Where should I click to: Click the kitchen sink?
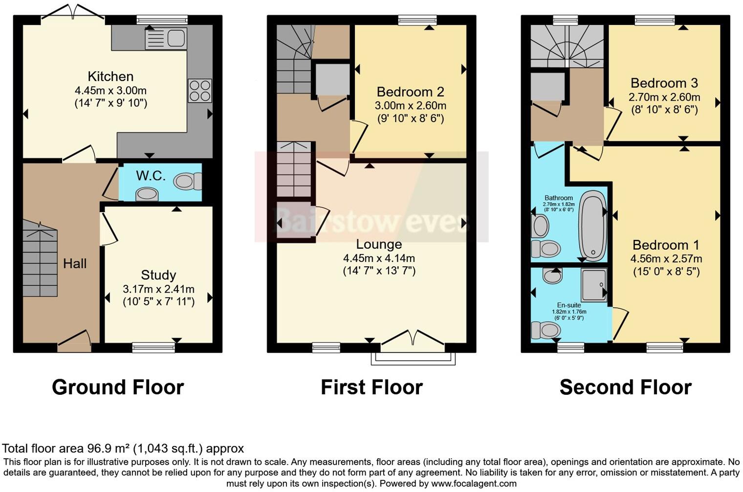click(166, 38)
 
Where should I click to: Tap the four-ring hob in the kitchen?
click(200, 90)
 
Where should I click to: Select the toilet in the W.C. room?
click(187, 181)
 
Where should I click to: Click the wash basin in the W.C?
click(147, 194)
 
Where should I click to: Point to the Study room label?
click(158, 275)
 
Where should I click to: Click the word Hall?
click(75, 264)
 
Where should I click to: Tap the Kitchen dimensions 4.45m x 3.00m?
click(110, 91)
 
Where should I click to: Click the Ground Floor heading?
click(118, 387)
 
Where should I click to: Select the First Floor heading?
click(371, 387)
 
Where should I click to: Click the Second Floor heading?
click(625, 387)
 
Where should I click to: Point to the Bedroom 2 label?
click(411, 92)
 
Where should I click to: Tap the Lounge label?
click(379, 244)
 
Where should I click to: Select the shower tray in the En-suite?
click(593, 284)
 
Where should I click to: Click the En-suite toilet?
click(545, 330)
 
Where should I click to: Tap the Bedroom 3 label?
click(664, 83)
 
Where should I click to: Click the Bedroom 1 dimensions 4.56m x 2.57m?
click(666, 259)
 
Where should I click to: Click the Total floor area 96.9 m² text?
click(123, 449)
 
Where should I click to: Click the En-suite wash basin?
click(552, 277)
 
